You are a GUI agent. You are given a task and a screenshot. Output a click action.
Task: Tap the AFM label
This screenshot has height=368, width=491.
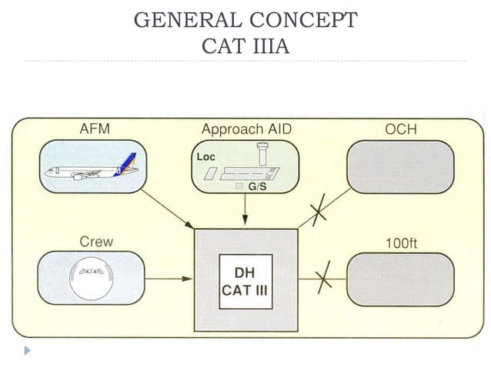95,129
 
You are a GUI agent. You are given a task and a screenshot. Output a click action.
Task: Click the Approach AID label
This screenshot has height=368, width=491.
246,129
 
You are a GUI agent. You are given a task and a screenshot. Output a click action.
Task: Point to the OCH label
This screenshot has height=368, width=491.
400,129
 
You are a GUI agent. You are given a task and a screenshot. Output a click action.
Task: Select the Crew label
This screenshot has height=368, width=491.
96,241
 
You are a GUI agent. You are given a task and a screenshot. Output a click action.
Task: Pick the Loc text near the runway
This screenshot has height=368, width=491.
205,156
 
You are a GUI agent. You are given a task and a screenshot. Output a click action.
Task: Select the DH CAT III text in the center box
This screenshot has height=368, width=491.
245,283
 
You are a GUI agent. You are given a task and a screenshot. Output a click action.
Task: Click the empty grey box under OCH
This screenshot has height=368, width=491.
400,167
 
